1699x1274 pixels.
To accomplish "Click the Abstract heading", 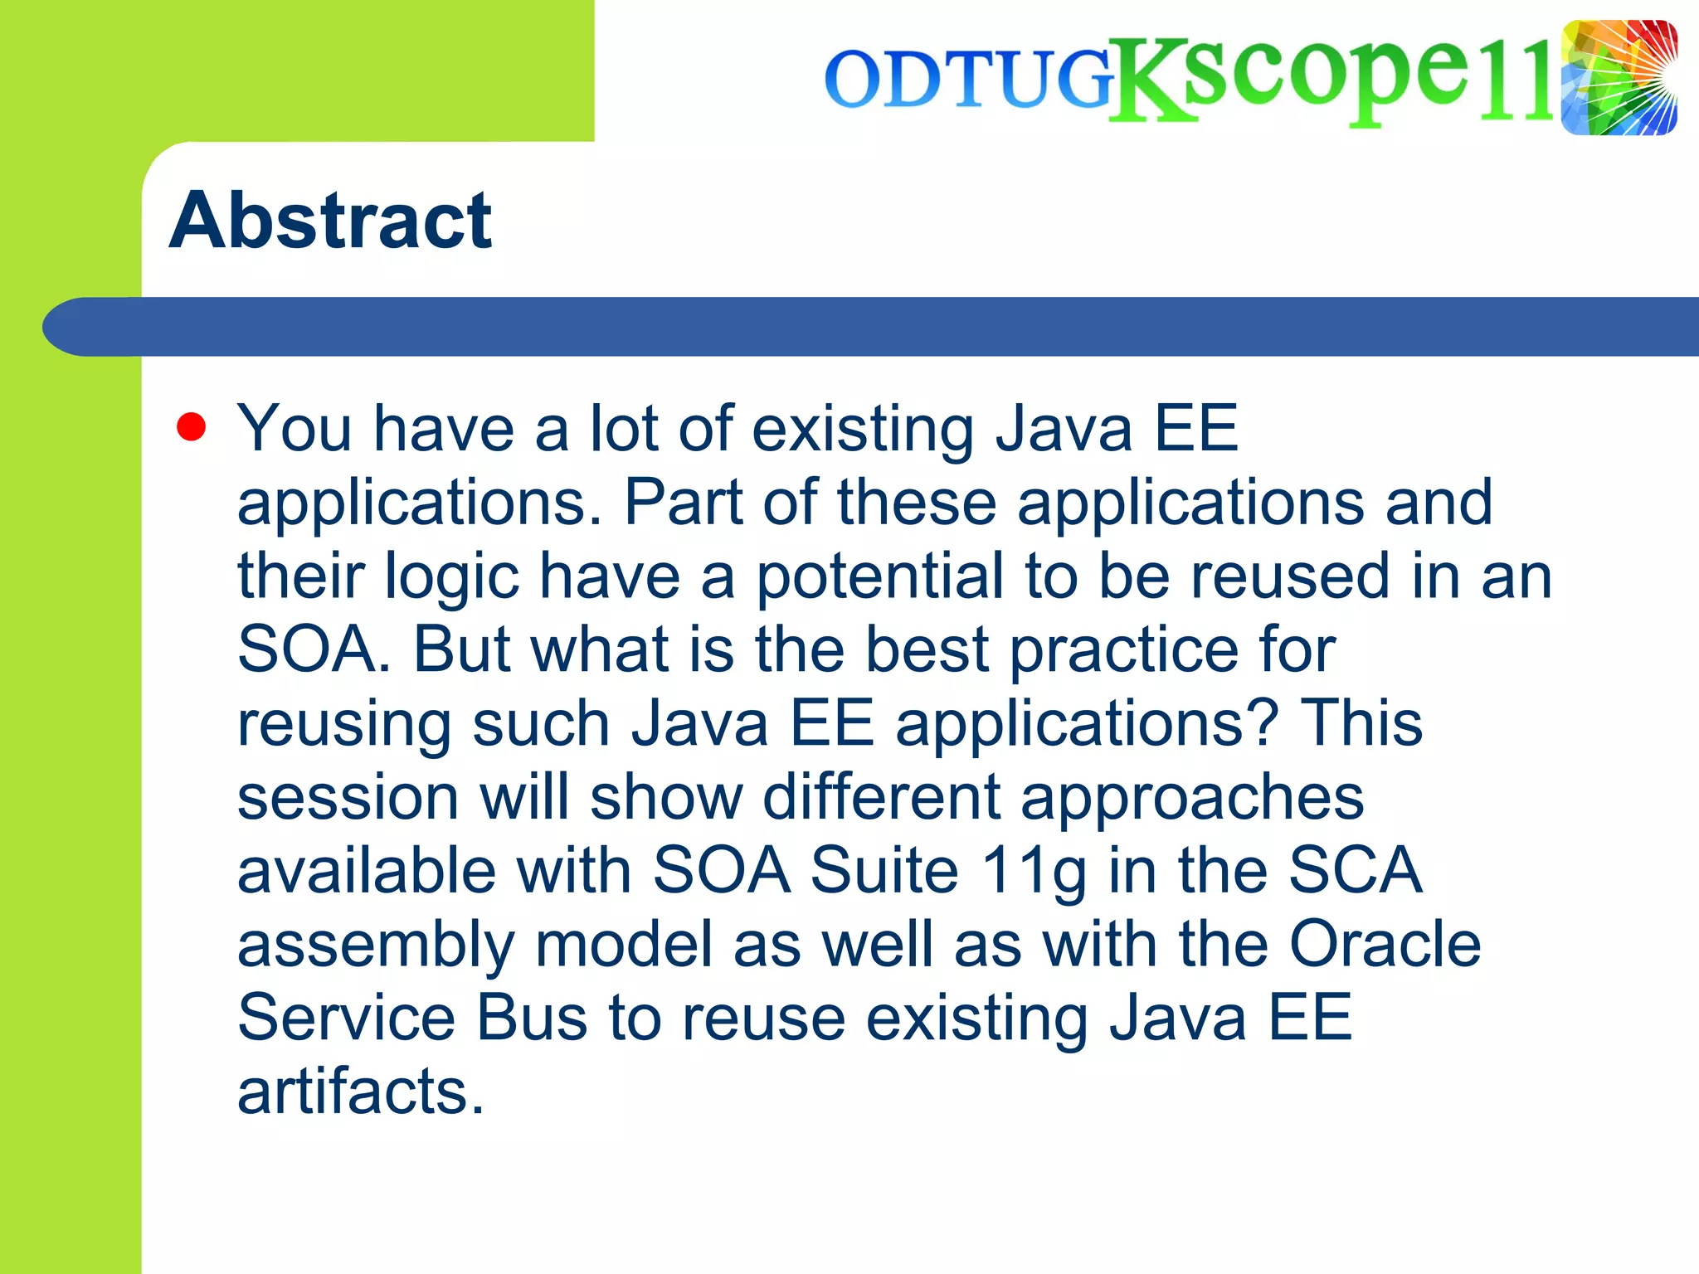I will point(330,221).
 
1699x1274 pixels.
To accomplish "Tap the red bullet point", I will point(191,428).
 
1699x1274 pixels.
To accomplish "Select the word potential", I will point(880,576).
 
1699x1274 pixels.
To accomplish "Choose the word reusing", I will point(344,724).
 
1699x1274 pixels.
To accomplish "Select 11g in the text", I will point(1033,872).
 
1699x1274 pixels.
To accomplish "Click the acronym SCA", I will point(1355,870).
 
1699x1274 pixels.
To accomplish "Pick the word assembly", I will point(376,946).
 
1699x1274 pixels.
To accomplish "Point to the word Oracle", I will point(1385,944).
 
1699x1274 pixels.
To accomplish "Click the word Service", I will point(346,1018).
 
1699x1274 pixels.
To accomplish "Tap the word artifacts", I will point(360,1092).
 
